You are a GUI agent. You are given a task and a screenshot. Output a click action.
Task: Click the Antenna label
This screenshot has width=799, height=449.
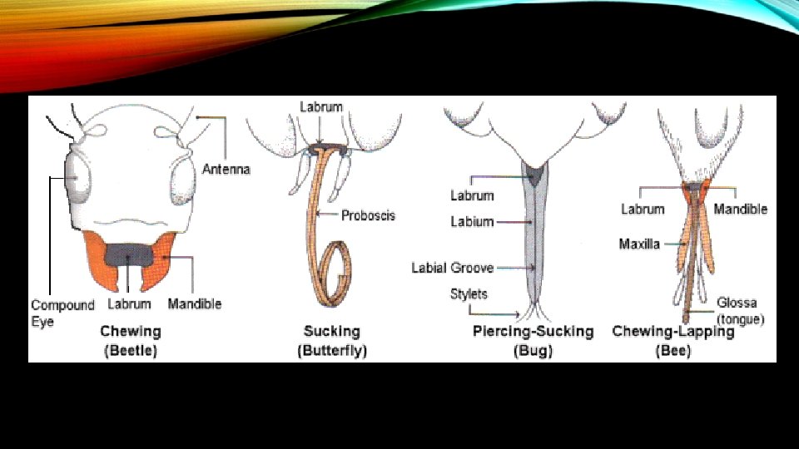226,169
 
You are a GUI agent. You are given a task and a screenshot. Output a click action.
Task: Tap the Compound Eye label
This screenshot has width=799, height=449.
62,313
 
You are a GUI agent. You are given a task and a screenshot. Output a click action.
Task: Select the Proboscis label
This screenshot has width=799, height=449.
368,215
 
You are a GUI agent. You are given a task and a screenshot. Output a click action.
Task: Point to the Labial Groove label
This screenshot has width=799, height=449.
452,268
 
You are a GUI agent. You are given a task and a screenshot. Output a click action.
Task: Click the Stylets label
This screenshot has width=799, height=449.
469,294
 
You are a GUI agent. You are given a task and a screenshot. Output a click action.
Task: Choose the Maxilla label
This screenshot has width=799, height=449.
639,244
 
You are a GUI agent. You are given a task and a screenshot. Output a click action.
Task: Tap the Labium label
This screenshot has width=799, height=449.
472,222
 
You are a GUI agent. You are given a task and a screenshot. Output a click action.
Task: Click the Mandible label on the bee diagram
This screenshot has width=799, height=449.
741,209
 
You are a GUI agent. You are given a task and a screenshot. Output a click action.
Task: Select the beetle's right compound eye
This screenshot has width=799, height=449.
182,181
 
